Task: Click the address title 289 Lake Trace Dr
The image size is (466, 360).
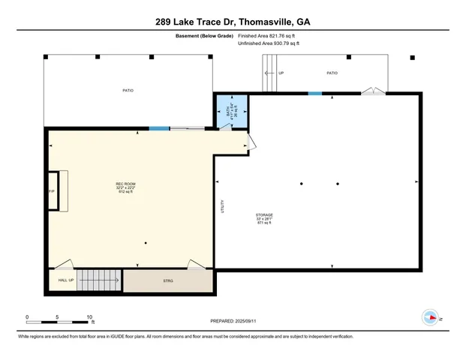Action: pos(233,22)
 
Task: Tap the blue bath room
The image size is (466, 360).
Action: pos(232,111)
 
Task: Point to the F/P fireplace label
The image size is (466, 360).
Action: pos(52,192)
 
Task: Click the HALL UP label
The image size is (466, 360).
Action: pos(66,280)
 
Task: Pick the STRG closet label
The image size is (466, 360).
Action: pos(168,281)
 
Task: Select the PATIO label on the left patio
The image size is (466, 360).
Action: pos(128,91)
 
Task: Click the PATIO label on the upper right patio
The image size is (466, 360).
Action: pos(332,73)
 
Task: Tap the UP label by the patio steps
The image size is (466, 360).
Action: pos(281,73)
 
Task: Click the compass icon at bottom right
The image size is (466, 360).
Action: pos(431,317)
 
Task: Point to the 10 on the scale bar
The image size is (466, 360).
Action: pos(90,317)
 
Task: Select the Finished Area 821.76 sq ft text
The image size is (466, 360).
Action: pos(269,35)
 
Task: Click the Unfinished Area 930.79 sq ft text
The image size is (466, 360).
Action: pos(269,43)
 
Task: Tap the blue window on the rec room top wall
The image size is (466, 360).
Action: pos(158,129)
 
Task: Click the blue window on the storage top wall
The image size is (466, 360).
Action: pos(315,93)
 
